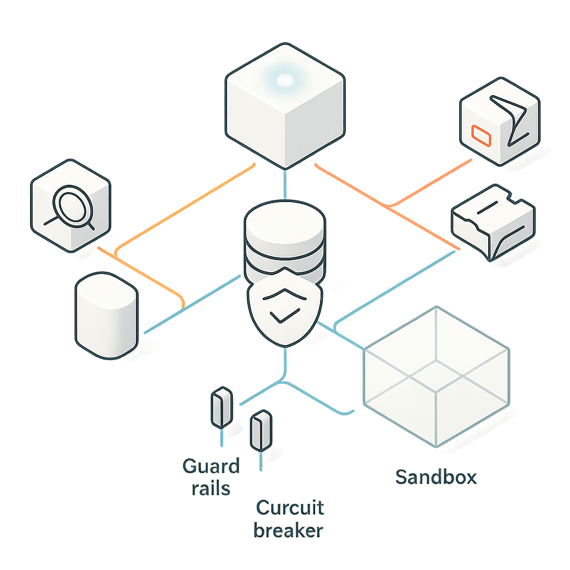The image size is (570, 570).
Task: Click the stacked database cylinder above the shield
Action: tap(284, 245)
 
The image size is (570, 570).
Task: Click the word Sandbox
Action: tap(436, 477)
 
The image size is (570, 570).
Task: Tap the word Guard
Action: tap(211, 466)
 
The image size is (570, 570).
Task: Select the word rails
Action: tap(210, 489)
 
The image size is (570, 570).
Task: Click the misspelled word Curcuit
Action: tap(290, 508)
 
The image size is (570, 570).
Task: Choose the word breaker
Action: tap(288, 530)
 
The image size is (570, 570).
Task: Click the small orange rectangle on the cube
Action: tap(479, 134)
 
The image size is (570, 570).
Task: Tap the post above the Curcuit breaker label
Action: tap(261, 430)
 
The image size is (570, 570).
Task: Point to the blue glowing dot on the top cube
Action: tap(284, 81)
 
